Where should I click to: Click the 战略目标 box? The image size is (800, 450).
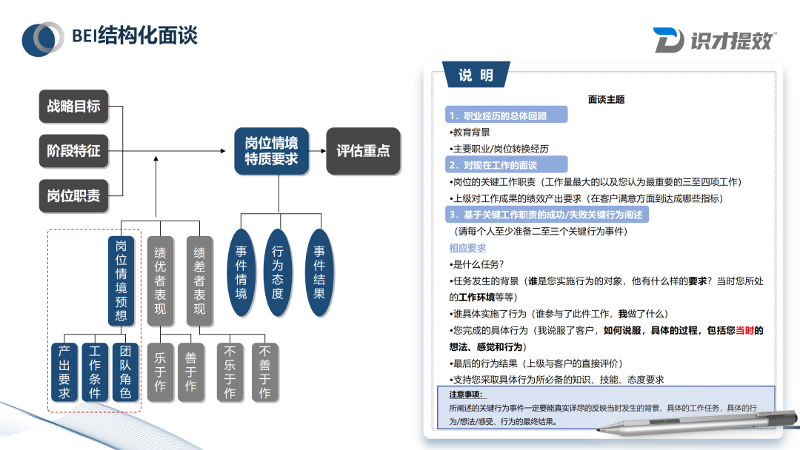pos(73,106)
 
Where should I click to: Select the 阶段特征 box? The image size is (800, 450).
pos(73,151)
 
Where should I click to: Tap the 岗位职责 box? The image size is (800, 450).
pos(73,195)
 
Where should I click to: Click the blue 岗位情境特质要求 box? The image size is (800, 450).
pos(271,151)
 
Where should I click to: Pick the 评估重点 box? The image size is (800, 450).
pos(363,151)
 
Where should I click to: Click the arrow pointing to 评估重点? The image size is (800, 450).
pos(317,151)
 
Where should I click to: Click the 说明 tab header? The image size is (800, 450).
pos(476,75)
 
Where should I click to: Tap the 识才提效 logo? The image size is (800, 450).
pos(714,40)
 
